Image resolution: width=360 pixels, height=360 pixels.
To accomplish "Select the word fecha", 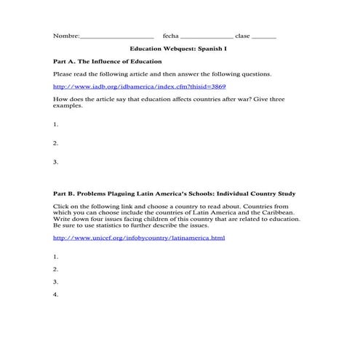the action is tap(170, 36).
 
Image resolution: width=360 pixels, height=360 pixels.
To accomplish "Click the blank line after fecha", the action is tap(207, 36).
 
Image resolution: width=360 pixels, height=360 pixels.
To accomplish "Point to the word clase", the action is tap(242, 36).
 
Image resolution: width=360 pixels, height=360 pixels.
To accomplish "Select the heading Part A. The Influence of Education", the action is tap(108, 62).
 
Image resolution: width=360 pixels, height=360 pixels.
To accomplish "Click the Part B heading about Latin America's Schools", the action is tap(175, 194).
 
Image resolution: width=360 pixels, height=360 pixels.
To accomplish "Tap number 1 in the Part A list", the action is tap(56, 125).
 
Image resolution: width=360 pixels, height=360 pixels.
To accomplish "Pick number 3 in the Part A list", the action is tap(56, 161).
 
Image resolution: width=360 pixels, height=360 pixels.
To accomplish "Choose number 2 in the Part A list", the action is tap(56, 143).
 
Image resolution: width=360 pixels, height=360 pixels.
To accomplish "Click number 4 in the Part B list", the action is tap(56, 295).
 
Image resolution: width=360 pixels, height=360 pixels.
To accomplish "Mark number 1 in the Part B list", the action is tap(56, 257).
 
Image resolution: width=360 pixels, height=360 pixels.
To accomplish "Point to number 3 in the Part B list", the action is tap(56, 281).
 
